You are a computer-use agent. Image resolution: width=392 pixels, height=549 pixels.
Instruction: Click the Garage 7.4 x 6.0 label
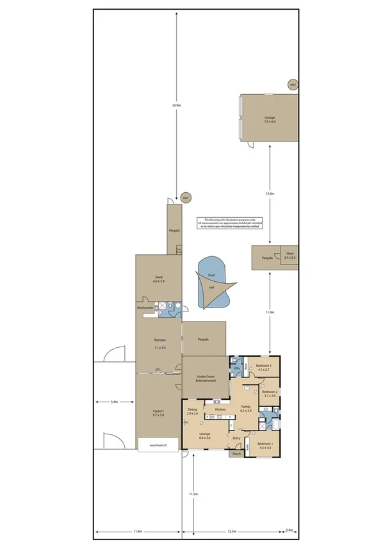tap(270, 120)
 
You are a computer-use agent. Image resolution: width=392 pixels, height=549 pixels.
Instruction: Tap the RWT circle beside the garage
tap(293, 85)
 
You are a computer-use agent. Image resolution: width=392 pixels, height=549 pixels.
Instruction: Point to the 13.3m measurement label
tap(270, 193)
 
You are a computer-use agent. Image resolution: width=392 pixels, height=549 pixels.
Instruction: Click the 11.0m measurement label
tap(270, 312)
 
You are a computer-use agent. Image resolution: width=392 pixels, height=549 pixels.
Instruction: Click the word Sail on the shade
tap(211, 288)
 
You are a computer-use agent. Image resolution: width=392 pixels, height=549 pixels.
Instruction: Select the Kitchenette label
tap(145, 308)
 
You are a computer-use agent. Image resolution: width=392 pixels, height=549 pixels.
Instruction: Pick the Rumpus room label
tap(159, 341)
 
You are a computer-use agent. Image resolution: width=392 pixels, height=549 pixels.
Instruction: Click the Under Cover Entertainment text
tap(205, 379)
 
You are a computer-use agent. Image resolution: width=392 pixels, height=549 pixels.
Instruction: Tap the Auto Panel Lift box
tap(158, 445)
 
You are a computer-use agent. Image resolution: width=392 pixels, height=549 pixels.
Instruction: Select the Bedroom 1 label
tap(265, 446)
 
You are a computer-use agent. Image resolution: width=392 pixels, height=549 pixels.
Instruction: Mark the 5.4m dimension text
tap(115, 402)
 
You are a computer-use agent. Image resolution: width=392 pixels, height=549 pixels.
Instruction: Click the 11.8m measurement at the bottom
tap(137, 532)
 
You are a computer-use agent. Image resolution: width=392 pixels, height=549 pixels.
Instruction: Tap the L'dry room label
tap(236, 368)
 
